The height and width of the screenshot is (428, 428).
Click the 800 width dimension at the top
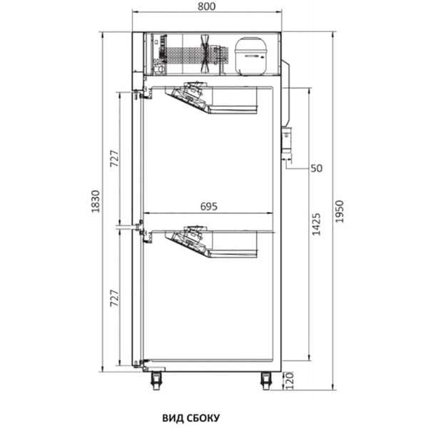206,6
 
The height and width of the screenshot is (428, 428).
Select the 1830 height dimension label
96,201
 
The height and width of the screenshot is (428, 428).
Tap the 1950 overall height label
340,212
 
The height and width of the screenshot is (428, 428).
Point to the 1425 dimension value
316,224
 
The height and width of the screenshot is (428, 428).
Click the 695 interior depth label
209,207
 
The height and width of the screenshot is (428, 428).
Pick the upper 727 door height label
115,158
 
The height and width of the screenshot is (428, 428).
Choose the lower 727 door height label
115,298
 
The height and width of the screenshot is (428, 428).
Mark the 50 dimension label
317,168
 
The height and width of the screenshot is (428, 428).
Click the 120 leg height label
290,380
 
